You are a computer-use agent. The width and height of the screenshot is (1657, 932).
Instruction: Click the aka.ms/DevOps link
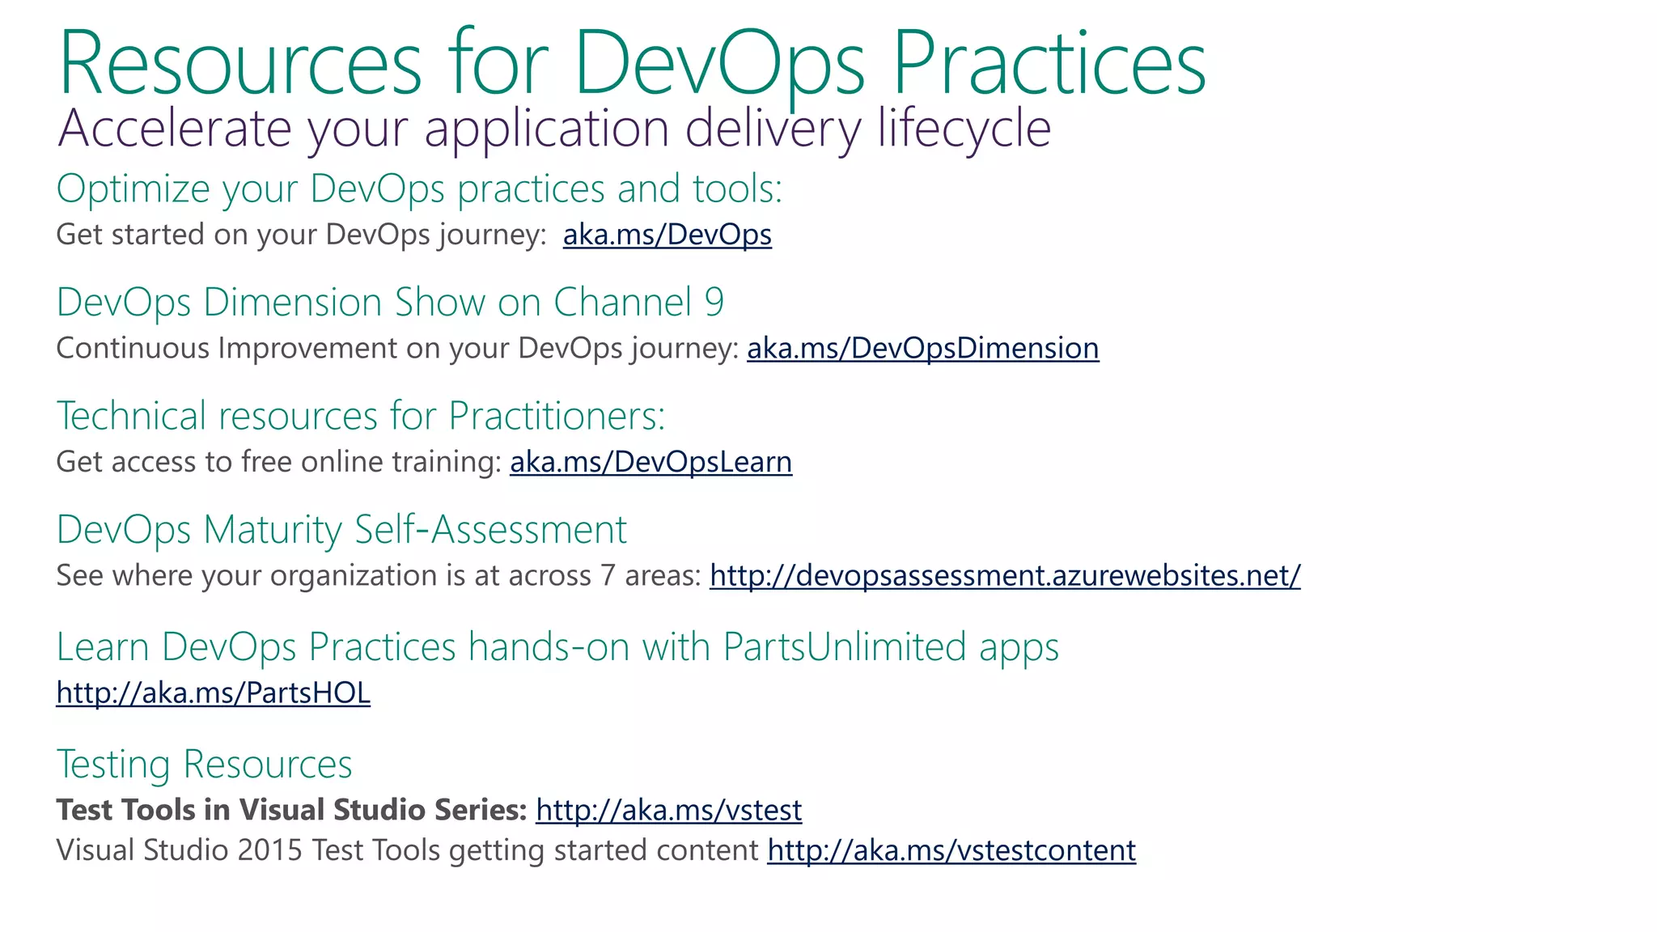point(667,235)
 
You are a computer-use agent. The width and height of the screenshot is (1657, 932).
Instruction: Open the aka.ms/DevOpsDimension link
point(922,349)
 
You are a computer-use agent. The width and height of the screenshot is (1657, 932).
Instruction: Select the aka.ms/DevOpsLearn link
point(651,462)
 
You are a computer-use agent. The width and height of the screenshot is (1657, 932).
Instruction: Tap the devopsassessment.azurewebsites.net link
point(1005,576)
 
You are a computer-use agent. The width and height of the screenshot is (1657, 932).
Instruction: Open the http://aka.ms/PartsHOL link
point(213,693)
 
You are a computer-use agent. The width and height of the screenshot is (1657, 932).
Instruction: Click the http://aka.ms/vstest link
point(668,811)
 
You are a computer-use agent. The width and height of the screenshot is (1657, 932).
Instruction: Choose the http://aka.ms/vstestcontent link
point(951,851)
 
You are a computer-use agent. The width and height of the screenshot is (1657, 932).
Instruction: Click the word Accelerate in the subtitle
point(174,129)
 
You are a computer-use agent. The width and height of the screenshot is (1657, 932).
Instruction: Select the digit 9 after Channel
point(714,303)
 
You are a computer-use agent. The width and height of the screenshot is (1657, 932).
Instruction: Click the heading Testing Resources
point(204,765)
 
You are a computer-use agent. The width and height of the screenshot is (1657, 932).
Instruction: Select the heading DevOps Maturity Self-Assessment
point(341,531)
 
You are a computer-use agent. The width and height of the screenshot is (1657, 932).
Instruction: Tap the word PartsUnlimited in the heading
point(844,647)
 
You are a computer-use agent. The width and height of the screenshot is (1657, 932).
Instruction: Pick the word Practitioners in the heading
point(556,417)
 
